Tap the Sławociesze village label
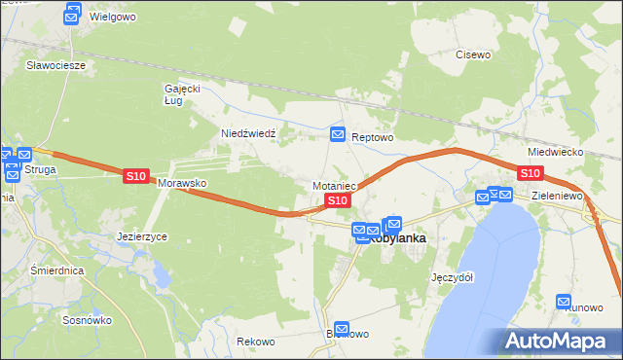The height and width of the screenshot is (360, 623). (56, 65)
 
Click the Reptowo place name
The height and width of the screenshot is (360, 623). (372, 138)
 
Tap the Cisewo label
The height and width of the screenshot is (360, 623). (473, 54)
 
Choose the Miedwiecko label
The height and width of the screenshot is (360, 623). (554, 153)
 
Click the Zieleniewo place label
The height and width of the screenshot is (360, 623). (557, 196)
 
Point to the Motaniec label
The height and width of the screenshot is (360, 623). (337, 185)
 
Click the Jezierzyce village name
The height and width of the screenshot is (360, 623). (142, 236)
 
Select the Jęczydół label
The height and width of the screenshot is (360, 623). (452, 276)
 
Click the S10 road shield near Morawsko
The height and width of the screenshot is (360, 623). (135, 176)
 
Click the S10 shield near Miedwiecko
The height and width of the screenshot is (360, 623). (530, 173)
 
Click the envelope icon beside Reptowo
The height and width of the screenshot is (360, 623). (338, 134)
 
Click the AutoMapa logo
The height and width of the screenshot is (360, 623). (559, 341)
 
